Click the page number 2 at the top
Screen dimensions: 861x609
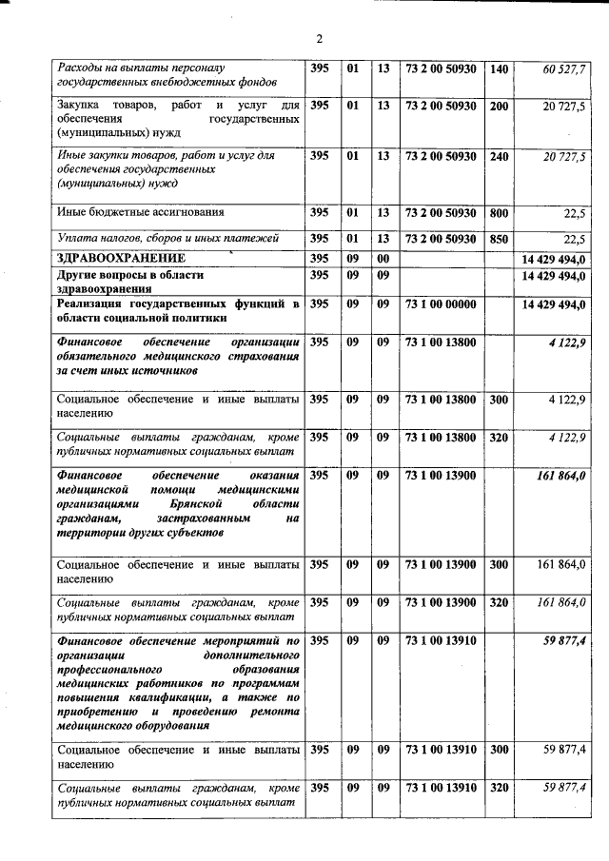coord(320,39)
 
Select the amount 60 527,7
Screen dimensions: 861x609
coord(564,70)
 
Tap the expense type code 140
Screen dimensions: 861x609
coord(499,69)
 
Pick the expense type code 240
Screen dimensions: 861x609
coord(499,155)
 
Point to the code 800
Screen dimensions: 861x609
coord(499,213)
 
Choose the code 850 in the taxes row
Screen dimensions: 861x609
coord(499,239)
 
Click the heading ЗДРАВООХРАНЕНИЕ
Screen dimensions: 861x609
coord(121,259)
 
